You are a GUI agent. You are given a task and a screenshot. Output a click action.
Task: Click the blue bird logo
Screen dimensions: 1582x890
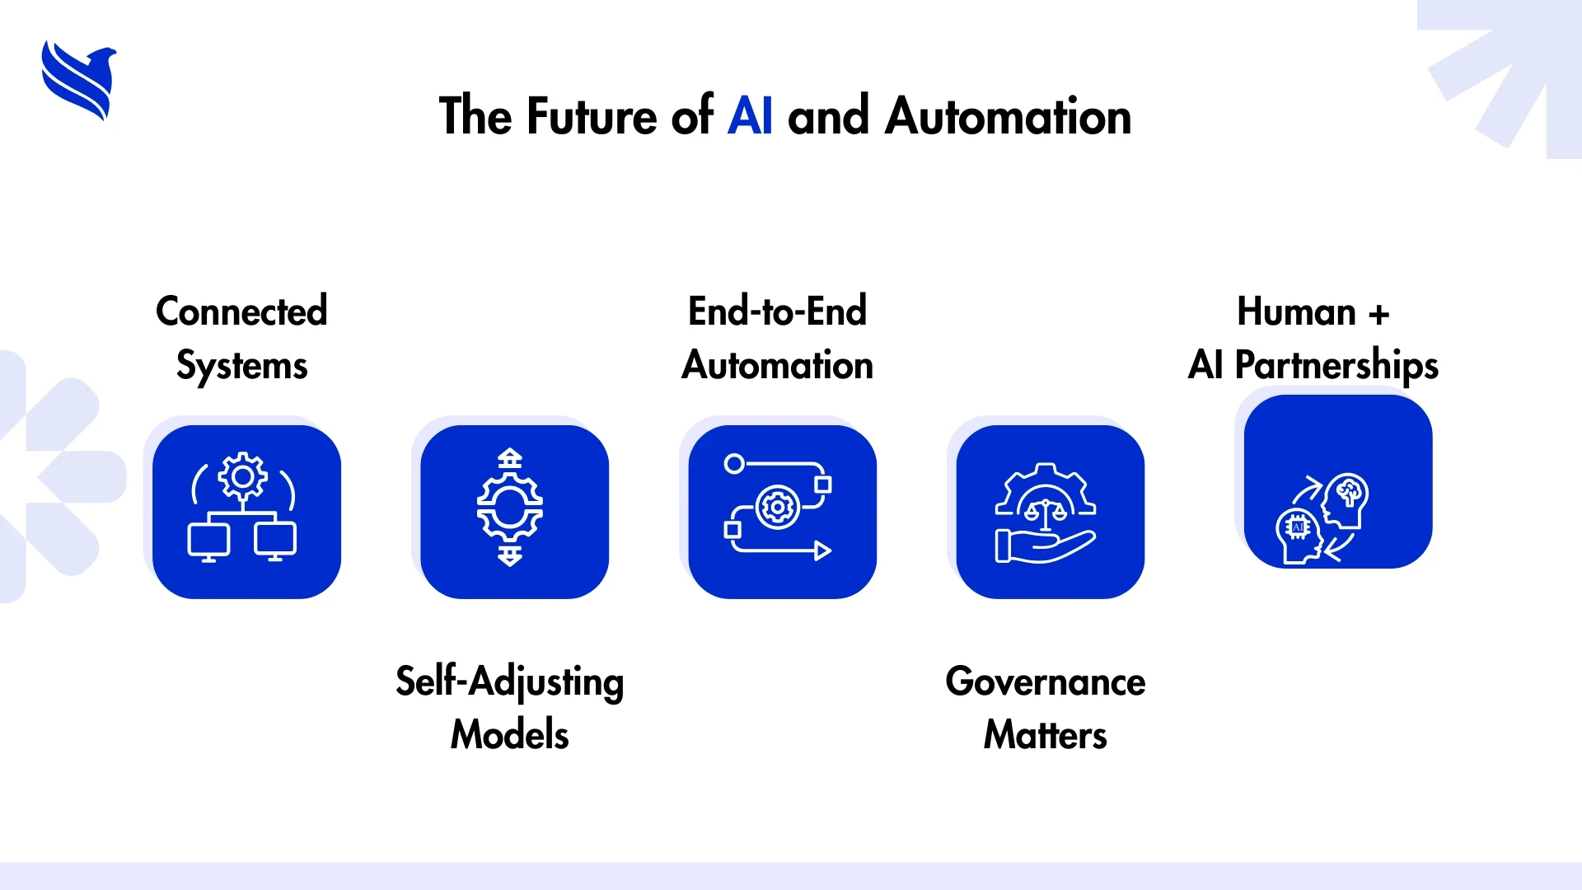pos(79,81)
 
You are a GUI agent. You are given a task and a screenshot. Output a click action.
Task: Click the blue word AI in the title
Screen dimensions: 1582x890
pos(750,115)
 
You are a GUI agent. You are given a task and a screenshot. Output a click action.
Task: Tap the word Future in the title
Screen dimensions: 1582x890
pos(592,115)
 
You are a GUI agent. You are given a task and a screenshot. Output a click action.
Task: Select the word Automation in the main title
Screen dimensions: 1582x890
pos(1008,115)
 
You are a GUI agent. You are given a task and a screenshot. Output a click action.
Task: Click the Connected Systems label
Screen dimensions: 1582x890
pos(241,338)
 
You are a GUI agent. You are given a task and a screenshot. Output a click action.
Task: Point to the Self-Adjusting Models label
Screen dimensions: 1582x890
pos(510,707)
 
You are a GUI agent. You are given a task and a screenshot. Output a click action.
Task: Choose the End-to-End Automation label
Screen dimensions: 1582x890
pos(778,338)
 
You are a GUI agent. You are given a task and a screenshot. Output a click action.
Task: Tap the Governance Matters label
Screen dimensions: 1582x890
pos(1046,707)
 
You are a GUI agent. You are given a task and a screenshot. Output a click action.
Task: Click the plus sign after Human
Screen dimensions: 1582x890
pos(1378,314)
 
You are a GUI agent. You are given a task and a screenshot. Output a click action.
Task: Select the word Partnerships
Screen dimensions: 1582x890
pos(1336,365)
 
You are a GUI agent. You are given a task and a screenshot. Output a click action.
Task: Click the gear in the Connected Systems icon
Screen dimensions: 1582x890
pos(242,476)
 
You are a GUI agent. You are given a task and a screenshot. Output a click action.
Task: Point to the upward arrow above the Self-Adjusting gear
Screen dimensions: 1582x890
pos(510,458)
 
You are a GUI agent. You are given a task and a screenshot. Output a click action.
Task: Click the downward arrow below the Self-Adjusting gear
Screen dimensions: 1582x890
pos(510,556)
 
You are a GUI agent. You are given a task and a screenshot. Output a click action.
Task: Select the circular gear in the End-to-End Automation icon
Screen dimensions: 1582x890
pos(777,508)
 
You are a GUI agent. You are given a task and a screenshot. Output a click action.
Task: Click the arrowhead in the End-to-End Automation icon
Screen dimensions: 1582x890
pos(823,550)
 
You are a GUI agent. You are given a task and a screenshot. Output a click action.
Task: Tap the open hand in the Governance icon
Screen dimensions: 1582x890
pos(1045,546)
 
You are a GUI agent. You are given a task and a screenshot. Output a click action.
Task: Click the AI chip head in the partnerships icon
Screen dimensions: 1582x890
pos(1299,536)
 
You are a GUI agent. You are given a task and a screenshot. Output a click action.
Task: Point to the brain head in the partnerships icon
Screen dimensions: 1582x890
pos(1346,501)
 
